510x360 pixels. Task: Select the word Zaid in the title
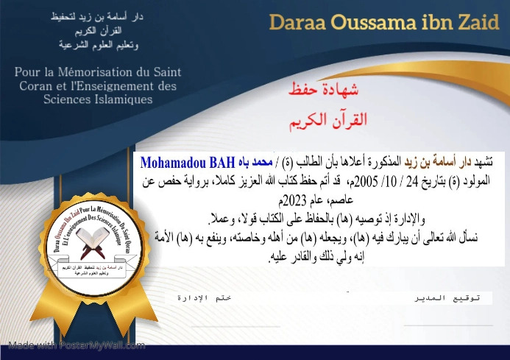(472, 22)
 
